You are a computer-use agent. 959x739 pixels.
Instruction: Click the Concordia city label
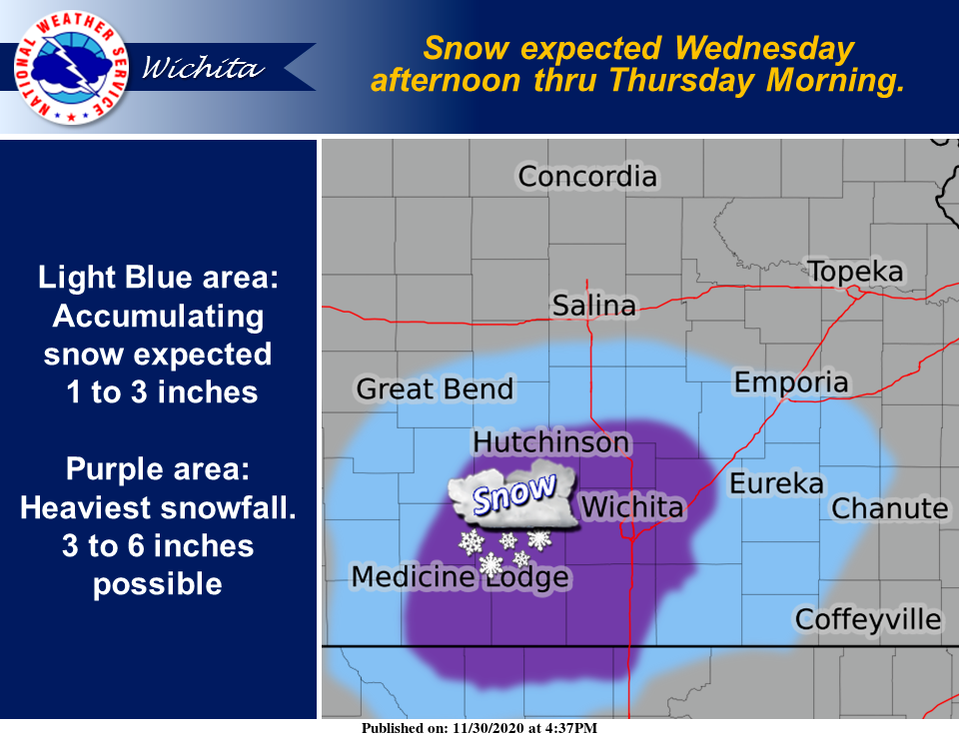pos(587,177)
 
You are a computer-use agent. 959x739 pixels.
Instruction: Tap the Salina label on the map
pos(593,305)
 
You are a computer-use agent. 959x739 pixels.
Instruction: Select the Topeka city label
pos(855,272)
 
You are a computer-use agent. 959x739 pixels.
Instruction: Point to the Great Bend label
pos(435,388)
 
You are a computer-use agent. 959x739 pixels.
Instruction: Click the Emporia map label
pos(791,382)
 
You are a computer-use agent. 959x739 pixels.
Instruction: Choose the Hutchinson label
pos(551,442)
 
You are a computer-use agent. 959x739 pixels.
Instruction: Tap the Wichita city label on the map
pos(631,506)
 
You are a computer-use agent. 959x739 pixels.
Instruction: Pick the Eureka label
pos(776,483)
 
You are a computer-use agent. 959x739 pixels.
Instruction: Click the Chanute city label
pos(890,508)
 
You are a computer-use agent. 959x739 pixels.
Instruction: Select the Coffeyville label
pos(868,619)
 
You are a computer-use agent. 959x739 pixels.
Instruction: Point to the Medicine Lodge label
pos(460,576)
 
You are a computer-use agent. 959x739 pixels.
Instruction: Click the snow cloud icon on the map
pos(512,494)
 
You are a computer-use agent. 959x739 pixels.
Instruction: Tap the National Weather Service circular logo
pos(71,67)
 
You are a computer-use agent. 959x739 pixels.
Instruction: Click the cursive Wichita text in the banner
pos(203,67)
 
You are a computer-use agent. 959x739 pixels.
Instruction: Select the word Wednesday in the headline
pos(764,48)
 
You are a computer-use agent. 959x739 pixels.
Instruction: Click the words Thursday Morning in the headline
pos(756,80)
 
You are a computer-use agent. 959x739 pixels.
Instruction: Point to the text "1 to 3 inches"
pos(162,391)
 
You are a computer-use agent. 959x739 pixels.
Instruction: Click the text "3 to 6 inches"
pos(158,546)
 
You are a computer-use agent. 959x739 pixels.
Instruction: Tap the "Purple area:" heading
pos(158,469)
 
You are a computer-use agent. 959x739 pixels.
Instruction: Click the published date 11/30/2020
pos(488,728)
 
